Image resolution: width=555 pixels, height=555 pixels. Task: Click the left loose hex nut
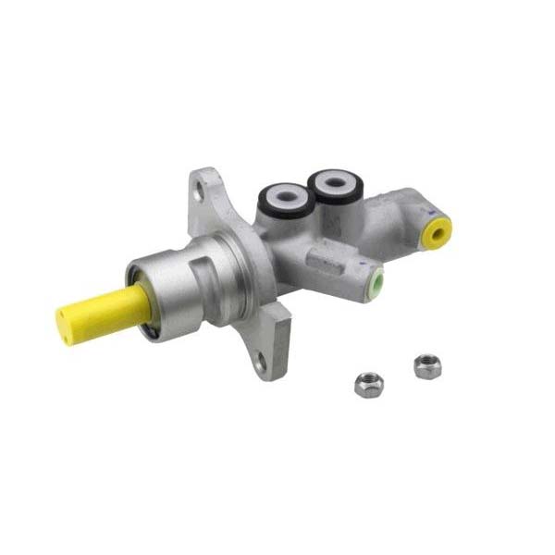[x=369, y=384]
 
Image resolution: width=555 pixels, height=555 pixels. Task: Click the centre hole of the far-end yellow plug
[x=439, y=229]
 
